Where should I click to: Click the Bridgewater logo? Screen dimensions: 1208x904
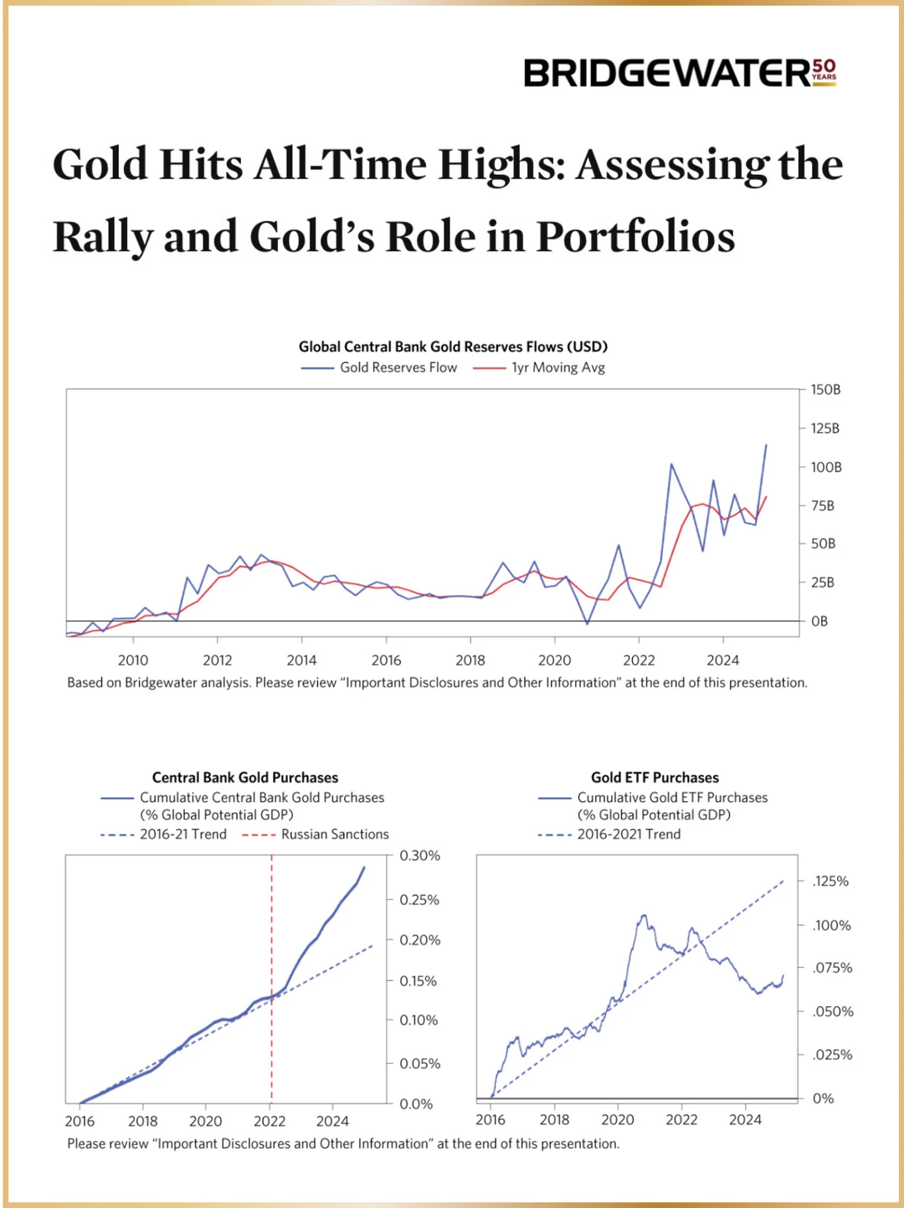click(666, 74)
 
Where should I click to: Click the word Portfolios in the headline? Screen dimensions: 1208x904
click(635, 237)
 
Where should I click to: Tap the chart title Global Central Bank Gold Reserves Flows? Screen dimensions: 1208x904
click(453, 347)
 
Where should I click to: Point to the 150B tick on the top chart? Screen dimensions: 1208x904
click(825, 390)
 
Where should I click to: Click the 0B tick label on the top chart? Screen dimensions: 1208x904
click(819, 621)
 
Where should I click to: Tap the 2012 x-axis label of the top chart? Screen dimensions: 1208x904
click(218, 661)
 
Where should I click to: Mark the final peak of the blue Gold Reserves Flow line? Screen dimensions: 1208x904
click(766, 445)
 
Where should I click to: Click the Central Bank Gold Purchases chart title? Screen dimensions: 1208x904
click(245, 778)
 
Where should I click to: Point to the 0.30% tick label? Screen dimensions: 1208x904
click(419, 856)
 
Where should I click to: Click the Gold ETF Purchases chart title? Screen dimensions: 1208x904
click(655, 778)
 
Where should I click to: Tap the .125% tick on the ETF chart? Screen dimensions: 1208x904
click(830, 882)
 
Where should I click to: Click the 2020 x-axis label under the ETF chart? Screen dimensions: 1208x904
click(618, 1120)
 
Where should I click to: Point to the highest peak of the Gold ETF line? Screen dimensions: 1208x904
click(644, 916)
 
